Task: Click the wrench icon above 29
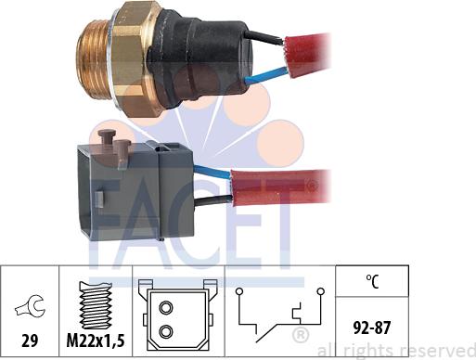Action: click(28, 302)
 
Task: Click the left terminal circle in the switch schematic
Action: click(240, 292)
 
